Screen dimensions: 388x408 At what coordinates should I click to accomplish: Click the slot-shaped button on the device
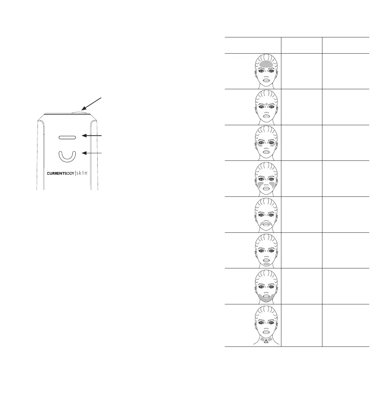coord(67,137)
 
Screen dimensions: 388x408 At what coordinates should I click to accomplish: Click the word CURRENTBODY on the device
coord(60,173)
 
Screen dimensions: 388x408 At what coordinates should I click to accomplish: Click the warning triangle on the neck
coord(266,341)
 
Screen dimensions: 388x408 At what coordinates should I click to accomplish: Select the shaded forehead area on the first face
coord(266,64)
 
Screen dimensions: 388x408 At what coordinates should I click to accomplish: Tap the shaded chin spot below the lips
coord(267,264)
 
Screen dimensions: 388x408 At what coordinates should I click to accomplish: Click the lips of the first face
coord(266,80)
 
